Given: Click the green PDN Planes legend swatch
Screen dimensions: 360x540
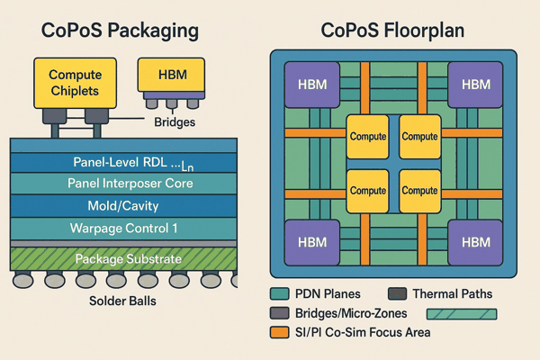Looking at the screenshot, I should [x=279, y=294].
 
